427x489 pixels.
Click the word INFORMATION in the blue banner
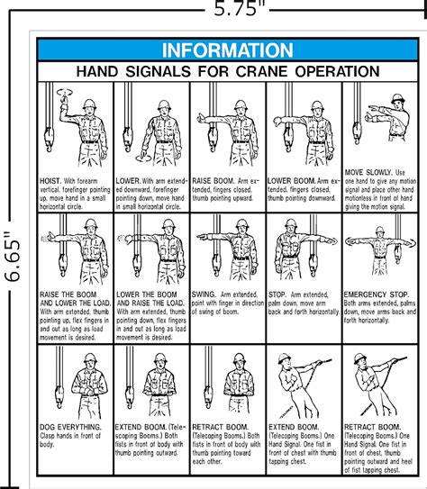(x=226, y=50)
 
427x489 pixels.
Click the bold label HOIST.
(x=50, y=180)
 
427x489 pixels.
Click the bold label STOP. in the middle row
(x=281, y=294)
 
